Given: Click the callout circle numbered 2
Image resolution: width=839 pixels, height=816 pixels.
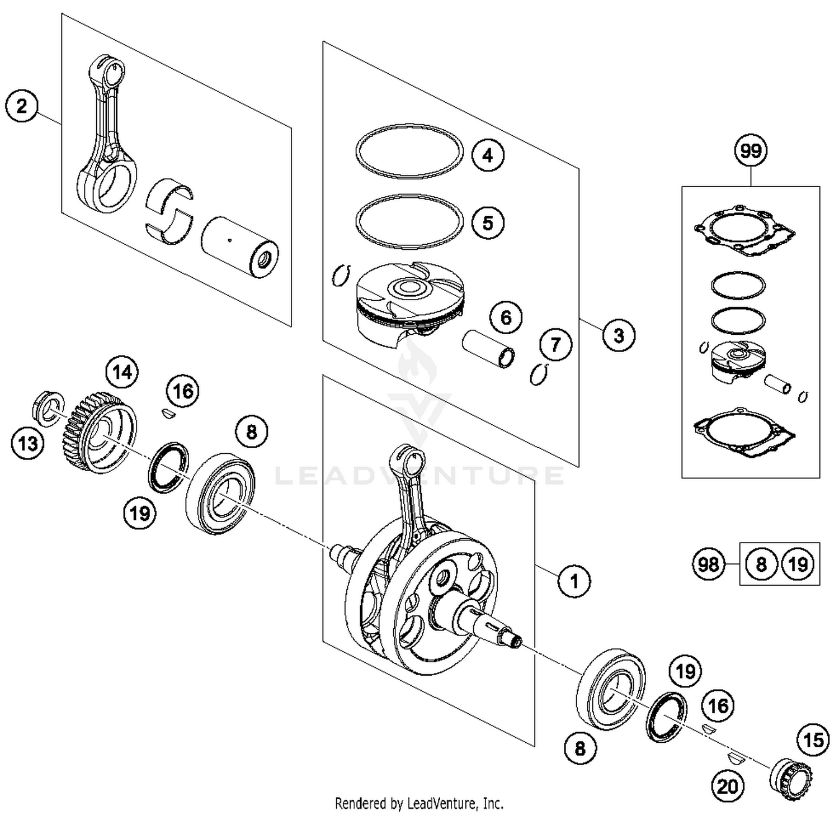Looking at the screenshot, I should click(x=22, y=106).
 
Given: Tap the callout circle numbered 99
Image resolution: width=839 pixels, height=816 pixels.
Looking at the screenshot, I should click(x=751, y=151).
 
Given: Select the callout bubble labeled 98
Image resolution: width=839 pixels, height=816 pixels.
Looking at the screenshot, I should click(x=708, y=564).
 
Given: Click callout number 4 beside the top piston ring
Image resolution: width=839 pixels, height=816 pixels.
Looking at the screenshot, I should click(x=488, y=155).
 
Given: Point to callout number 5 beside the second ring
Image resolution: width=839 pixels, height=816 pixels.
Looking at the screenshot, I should click(x=488, y=222).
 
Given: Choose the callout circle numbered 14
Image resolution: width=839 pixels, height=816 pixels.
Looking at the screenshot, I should click(x=122, y=372).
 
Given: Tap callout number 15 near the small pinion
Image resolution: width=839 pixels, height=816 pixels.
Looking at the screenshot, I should click(x=813, y=741).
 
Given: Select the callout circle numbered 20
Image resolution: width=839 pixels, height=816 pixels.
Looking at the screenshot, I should click(x=728, y=786).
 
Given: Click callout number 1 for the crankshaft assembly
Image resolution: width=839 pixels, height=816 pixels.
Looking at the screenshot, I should click(x=574, y=581).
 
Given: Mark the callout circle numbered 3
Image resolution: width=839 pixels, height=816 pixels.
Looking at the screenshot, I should click(x=619, y=335).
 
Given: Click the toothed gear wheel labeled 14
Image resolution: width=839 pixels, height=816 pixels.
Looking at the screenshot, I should click(x=98, y=433).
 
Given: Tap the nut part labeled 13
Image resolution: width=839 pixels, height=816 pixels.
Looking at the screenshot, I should click(x=47, y=407).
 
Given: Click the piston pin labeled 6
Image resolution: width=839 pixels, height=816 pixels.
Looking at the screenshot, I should click(x=488, y=349).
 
